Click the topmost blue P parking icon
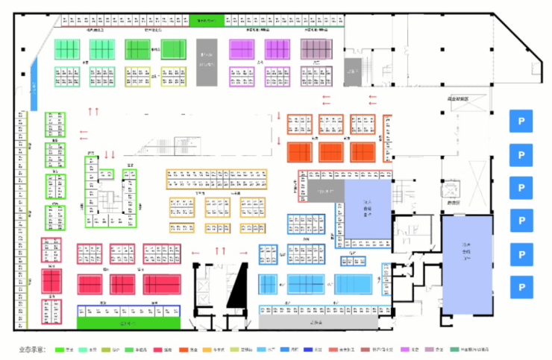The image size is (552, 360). [521, 121]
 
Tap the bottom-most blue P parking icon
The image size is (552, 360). [521, 285]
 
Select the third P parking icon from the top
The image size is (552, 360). [521, 187]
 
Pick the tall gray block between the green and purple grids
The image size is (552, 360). [207, 60]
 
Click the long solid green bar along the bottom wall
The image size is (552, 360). [130, 324]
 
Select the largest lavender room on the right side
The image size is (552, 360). [467, 265]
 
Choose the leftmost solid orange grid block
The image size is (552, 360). [303, 152]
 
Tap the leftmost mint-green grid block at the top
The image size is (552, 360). [67, 48]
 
